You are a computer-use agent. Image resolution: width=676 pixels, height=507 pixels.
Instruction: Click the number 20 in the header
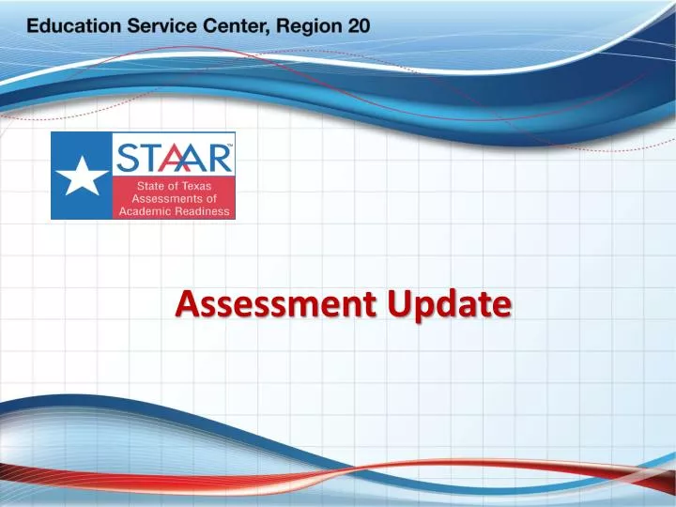click(359, 25)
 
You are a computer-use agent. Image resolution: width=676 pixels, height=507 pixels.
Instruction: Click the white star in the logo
click(82, 176)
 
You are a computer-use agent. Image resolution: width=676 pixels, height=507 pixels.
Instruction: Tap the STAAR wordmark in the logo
click(174, 156)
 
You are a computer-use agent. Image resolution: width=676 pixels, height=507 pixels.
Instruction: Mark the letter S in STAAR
click(127, 156)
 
